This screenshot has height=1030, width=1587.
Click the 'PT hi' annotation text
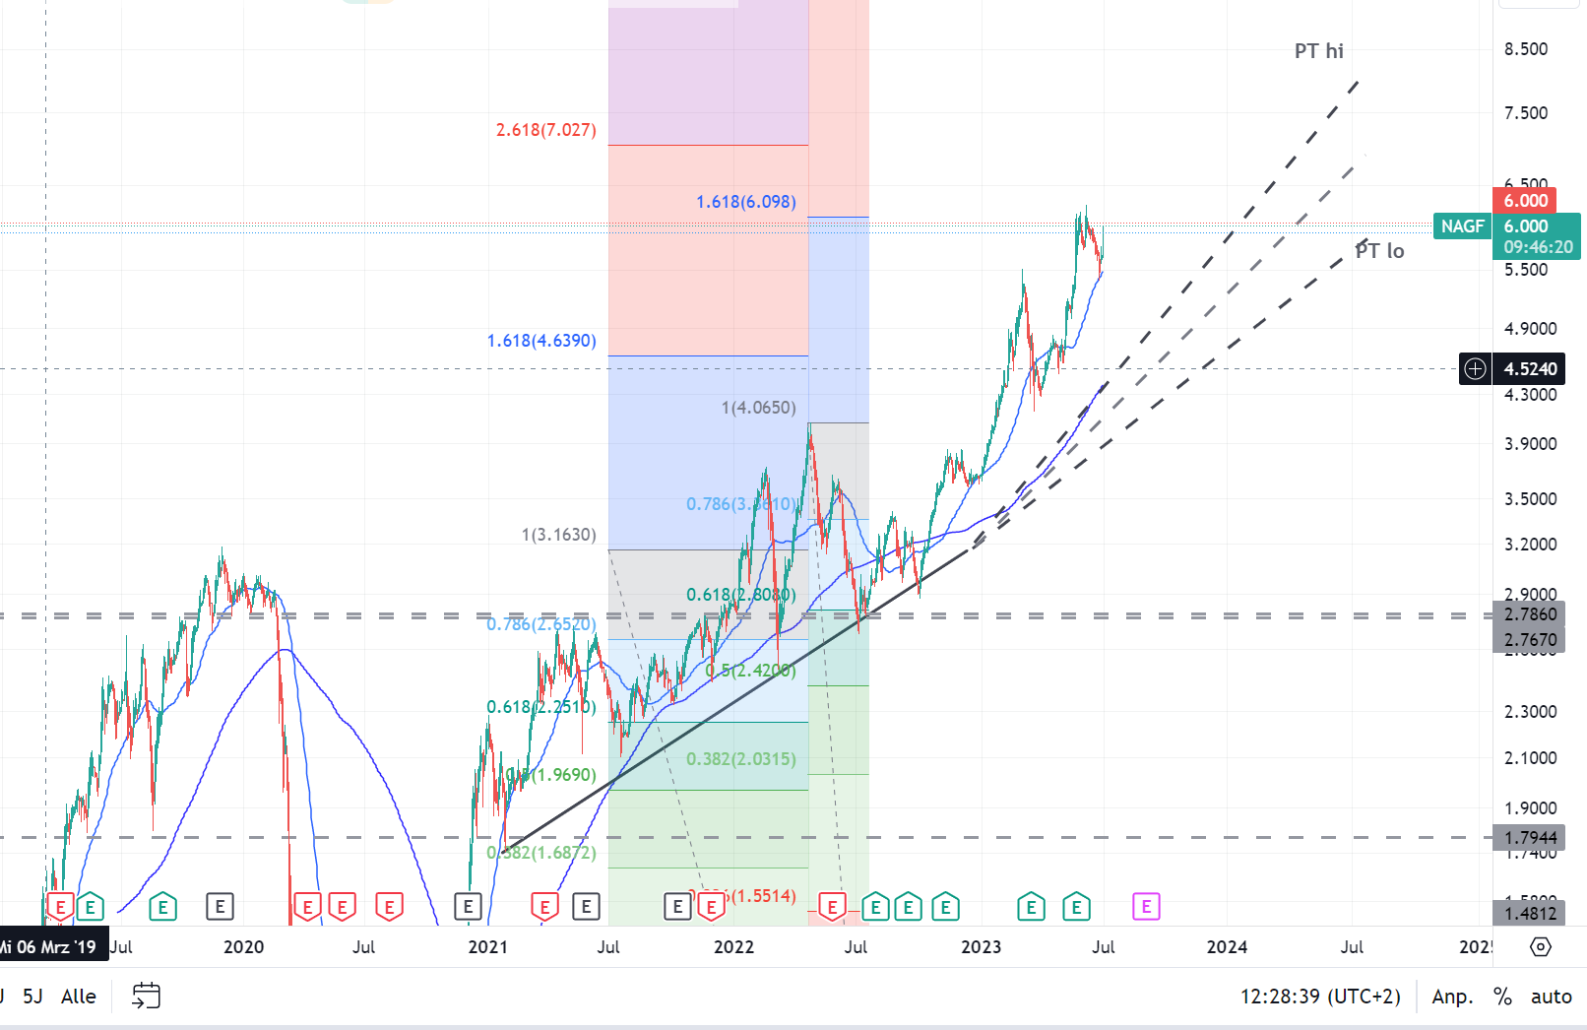coord(1318,51)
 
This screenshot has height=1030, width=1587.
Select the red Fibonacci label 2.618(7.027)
coord(545,130)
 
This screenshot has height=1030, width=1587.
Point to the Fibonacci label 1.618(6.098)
coord(745,202)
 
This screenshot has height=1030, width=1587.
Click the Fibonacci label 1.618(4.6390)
coord(541,341)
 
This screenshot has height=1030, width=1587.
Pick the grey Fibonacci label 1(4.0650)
coord(758,408)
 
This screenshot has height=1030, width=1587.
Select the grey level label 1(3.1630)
coord(558,535)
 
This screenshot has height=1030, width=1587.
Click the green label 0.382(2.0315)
coord(740,759)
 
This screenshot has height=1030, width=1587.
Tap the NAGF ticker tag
coord(1462,226)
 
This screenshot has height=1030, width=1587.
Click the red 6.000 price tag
coord(1525,201)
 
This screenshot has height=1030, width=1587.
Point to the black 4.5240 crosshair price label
coord(1530,369)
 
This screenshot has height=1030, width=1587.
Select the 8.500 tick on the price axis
coord(1525,49)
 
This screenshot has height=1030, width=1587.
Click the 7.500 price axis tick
coord(1525,113)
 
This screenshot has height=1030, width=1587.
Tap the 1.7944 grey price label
coord(1531,838)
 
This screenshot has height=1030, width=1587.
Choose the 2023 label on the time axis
coord(981,947)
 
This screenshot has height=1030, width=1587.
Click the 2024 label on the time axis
coord(1227,947)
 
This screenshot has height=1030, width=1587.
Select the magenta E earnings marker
coord(1146,906)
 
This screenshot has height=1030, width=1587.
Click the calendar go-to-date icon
coord(146,996)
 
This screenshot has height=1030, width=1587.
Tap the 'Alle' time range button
coord(79,997)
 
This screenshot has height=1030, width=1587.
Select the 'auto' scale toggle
coord(1551,997)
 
